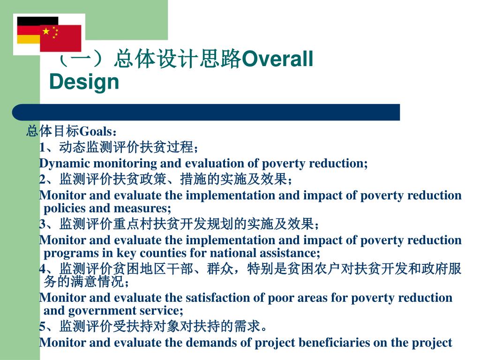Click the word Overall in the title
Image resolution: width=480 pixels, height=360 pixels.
pos(277,59)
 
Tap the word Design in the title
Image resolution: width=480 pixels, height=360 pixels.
pos(84,82)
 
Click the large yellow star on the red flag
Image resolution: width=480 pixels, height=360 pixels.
pos(46,31)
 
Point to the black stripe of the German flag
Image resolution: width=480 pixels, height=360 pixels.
pos(37,21)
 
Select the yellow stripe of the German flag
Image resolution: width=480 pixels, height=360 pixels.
pos(29,39)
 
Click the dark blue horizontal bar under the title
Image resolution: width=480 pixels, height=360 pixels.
pos(206,112)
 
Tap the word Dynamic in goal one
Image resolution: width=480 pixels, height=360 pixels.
pos(65,164)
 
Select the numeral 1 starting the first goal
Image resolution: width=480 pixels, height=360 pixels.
pos(42,148)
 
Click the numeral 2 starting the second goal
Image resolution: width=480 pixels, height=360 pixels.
pos(42,179)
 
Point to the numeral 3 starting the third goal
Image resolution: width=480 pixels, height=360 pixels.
pos(42,224)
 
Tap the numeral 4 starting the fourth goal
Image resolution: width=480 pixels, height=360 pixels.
pos(42,269)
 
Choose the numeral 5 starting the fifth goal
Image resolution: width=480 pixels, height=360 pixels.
pos(42,326)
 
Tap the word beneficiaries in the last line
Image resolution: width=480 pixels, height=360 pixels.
pos(334,343)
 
